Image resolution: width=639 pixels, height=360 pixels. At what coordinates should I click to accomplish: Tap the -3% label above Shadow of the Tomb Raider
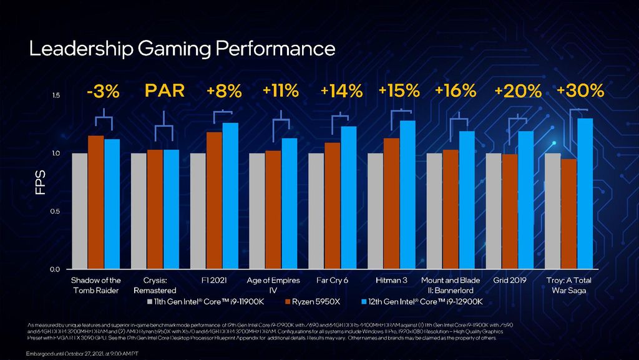(103, 92)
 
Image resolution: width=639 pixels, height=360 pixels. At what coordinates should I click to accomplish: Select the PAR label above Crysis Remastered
(165, 91)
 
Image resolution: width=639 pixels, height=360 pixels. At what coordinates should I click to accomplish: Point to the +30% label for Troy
(580, 91)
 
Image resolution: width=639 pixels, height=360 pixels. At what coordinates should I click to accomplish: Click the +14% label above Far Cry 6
(341, 92)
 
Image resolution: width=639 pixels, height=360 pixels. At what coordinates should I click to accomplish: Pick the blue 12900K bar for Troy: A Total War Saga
(585, 193)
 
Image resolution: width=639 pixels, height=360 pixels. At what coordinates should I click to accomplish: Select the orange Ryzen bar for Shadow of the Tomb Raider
(95, 202)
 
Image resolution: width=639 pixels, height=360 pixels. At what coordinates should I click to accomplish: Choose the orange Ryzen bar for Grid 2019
(510, 212)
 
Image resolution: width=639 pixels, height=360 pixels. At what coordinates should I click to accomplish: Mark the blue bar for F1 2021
(230, 196)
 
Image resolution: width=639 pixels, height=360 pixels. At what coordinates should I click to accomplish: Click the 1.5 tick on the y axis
(56, 95)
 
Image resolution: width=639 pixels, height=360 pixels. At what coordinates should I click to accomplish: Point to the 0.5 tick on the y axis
(56, 212)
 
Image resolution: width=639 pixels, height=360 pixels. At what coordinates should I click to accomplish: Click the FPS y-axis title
(41, 182)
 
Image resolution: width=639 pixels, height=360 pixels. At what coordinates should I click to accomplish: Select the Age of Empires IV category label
(273, 285)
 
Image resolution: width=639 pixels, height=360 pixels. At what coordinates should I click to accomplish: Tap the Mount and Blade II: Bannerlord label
(451, 285)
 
